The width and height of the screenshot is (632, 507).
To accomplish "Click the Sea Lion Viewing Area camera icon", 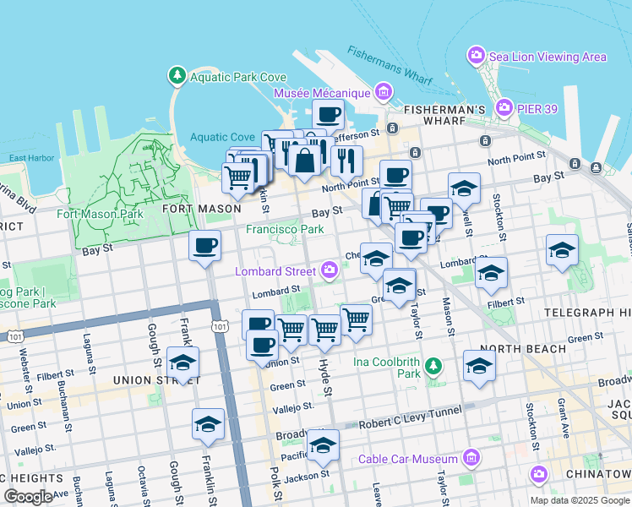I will (477, 57).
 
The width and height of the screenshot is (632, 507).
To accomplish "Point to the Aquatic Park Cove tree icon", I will (177, 76).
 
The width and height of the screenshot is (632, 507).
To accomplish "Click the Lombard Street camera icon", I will (330, 270).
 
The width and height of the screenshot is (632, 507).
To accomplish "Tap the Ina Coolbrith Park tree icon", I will (433, 366).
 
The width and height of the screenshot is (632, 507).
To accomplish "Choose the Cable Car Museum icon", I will (471, 459).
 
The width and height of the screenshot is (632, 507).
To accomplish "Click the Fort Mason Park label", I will (100, 214).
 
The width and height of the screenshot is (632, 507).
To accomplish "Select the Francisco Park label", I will (285, 229).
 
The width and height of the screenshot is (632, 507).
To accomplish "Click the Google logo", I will (28, 497).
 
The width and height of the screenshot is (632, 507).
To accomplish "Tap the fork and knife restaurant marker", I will (346, 160).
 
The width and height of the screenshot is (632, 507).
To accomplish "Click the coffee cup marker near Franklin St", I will (204, 245).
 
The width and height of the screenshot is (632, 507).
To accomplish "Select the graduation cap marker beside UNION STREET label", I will (183, 362).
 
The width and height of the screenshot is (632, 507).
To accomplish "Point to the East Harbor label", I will (31, 158).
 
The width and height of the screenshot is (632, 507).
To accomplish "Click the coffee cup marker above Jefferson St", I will (328, 114).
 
